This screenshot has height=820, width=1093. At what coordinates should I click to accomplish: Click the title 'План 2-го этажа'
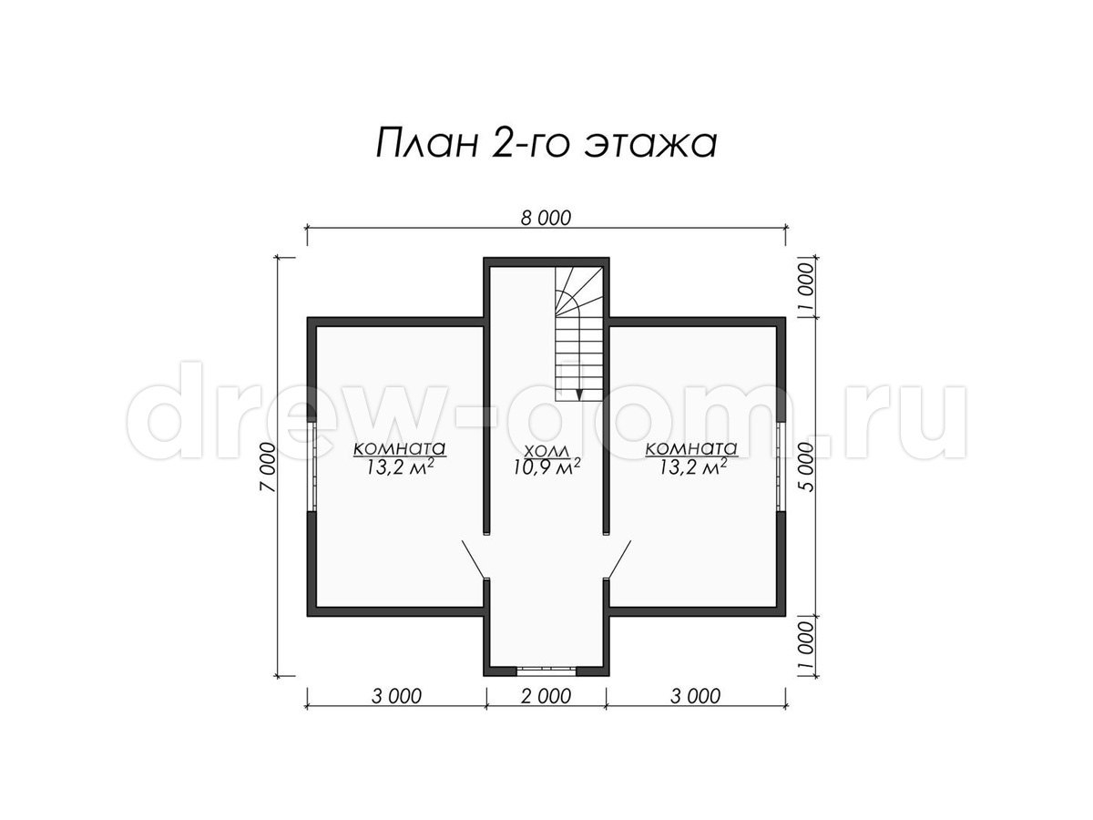point(546,142)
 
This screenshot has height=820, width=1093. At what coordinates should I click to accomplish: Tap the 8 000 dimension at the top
point(546,218)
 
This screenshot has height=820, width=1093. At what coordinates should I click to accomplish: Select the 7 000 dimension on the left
point(268,467)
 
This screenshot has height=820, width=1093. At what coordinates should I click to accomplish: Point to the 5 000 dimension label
point(808,466)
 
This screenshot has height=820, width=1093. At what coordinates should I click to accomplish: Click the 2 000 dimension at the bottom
point(546,696)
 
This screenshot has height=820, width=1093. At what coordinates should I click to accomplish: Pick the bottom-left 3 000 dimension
point(396,696)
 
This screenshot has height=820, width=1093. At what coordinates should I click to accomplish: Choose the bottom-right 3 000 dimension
point(695,696)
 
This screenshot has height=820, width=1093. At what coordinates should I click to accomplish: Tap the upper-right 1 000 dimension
point(808,286)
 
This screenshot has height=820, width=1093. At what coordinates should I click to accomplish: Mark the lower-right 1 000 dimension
point(808,645)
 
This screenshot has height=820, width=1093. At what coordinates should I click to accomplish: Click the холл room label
point(546,451)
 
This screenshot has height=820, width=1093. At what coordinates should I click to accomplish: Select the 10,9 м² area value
point(547,466)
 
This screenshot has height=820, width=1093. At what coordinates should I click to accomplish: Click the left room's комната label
point(399,448)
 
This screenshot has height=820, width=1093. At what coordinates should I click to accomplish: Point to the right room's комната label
point(691,448)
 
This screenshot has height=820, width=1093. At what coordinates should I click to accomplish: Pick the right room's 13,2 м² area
point(692,466)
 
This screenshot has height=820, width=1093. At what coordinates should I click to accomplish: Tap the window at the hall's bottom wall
point(546,671)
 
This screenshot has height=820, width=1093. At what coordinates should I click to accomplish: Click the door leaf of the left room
point(473,559)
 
